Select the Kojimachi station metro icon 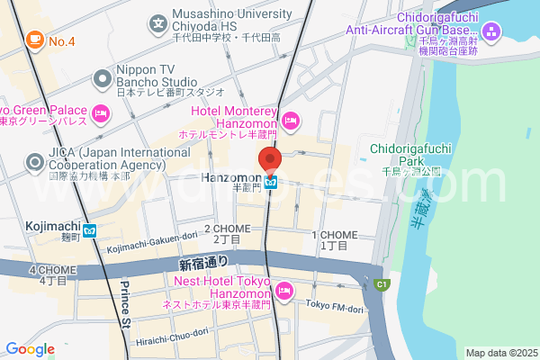pyautogui.click(x=89, y=230)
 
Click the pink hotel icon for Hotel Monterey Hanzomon pyautogui.click(x=291, y=120)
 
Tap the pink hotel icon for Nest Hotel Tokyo pyautogui.click(x=284, y=290)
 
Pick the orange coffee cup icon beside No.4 pyautogui.click(x=35, y=40)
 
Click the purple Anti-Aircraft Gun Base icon pyautogui.click(x=491, y=34)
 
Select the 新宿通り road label pyautogui.click(x=203, y=263)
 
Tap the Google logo pyautogui.click(x=30, y=349)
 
